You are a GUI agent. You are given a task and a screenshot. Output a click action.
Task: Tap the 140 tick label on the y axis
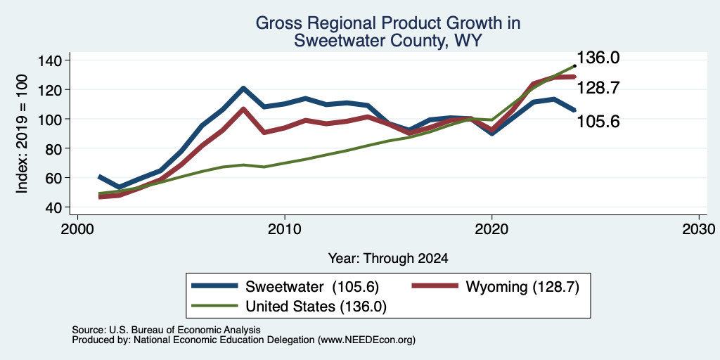point(51,60)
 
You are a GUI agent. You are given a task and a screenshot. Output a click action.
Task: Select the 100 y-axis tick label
point(51,119)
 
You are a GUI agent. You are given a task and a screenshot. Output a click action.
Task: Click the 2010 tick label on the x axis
point(285,229)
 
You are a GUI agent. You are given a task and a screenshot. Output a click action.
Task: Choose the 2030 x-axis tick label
point(700,229)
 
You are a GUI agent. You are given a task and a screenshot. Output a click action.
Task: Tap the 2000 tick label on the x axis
point(77,229)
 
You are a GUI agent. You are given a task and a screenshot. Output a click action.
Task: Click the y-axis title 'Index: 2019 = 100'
point(22,134)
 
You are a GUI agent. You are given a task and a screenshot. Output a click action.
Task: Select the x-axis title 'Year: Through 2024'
point(388,259)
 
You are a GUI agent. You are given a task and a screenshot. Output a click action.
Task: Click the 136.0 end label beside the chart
point(598,58)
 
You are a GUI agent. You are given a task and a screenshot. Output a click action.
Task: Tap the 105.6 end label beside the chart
point(598,122)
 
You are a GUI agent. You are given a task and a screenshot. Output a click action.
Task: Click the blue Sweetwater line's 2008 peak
point(243,88)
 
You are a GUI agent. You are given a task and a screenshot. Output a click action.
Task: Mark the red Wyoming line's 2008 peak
point(243,109)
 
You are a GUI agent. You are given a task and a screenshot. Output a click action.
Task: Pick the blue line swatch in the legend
point(215,286)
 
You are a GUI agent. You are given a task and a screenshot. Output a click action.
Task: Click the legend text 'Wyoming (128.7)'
point(522,287)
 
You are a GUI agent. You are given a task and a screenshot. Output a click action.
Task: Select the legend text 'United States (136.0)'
point(316,307)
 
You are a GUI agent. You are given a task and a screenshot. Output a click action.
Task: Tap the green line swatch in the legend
point(215,306)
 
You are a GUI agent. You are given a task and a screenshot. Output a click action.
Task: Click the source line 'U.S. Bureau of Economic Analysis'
point(185,330)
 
